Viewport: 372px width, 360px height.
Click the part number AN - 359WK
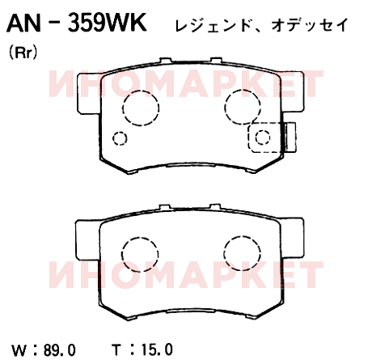coord(77,23)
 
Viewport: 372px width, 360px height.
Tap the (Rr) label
coord(23,53)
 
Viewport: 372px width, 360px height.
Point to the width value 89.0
coord(60,350)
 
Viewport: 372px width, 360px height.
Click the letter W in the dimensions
coord(19,350)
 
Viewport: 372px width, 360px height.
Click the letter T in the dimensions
coord(116,349)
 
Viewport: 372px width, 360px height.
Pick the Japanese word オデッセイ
coord(310,25)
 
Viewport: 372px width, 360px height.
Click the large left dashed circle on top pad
coord(123,108)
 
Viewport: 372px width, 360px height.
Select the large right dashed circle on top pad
coord(224,107)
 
